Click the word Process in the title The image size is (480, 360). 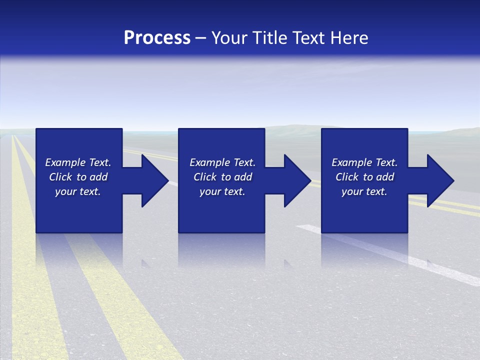coord(157,37)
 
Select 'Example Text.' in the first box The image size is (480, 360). coord(78,162)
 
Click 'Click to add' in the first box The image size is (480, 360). coord(78,177)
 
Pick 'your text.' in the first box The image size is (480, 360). coord(78,191)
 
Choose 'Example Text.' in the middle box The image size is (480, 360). coord(222,162)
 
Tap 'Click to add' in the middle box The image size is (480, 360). coord(222,177)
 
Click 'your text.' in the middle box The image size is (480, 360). coord(222,191)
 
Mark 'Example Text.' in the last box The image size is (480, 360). coord(364,162)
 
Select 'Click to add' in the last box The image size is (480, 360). coord(364,177)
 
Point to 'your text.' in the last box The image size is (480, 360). coord(364,191)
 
